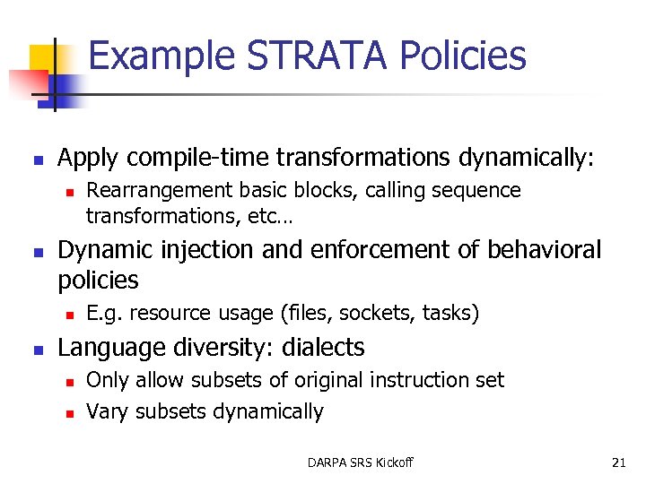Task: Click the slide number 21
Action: coord(618,462)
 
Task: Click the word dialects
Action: coord(323,347)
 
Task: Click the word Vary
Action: coord(104,411)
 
